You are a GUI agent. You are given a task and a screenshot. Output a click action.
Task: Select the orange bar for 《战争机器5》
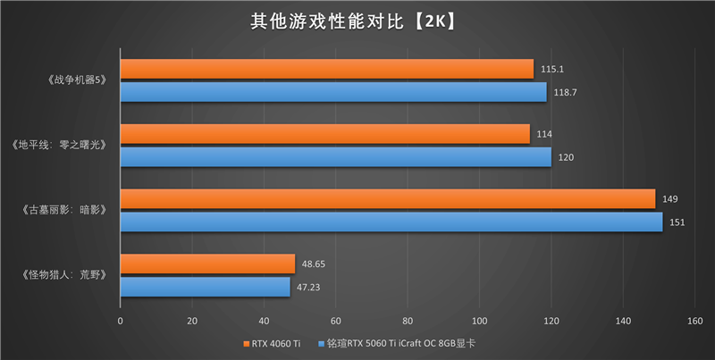click(326, 69)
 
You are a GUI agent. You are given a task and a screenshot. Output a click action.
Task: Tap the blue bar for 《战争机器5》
click(332, 92)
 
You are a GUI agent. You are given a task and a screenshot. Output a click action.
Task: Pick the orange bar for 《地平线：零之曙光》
click(324, 134)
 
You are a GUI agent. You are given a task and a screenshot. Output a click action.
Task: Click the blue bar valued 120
click(335, 157)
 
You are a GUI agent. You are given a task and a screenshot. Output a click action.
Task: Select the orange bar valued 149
click(387, 199)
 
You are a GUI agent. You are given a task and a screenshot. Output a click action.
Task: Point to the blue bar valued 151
click(391, 222)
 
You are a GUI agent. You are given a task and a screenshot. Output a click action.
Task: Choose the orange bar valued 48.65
click(207, 264)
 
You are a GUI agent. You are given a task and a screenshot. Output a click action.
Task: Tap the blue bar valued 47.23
click(205, 287)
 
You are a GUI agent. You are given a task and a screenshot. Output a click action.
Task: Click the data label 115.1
click(552, 69)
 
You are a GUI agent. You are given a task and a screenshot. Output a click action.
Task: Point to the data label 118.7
click(565, 92)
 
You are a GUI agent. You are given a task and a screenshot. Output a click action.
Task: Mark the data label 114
click(543, 134)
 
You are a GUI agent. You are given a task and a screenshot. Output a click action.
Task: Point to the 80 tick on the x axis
click(408, 319)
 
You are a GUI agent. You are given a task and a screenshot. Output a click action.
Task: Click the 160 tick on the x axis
click(694, 319)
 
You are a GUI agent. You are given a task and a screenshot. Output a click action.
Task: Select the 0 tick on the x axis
click(121, 319)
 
